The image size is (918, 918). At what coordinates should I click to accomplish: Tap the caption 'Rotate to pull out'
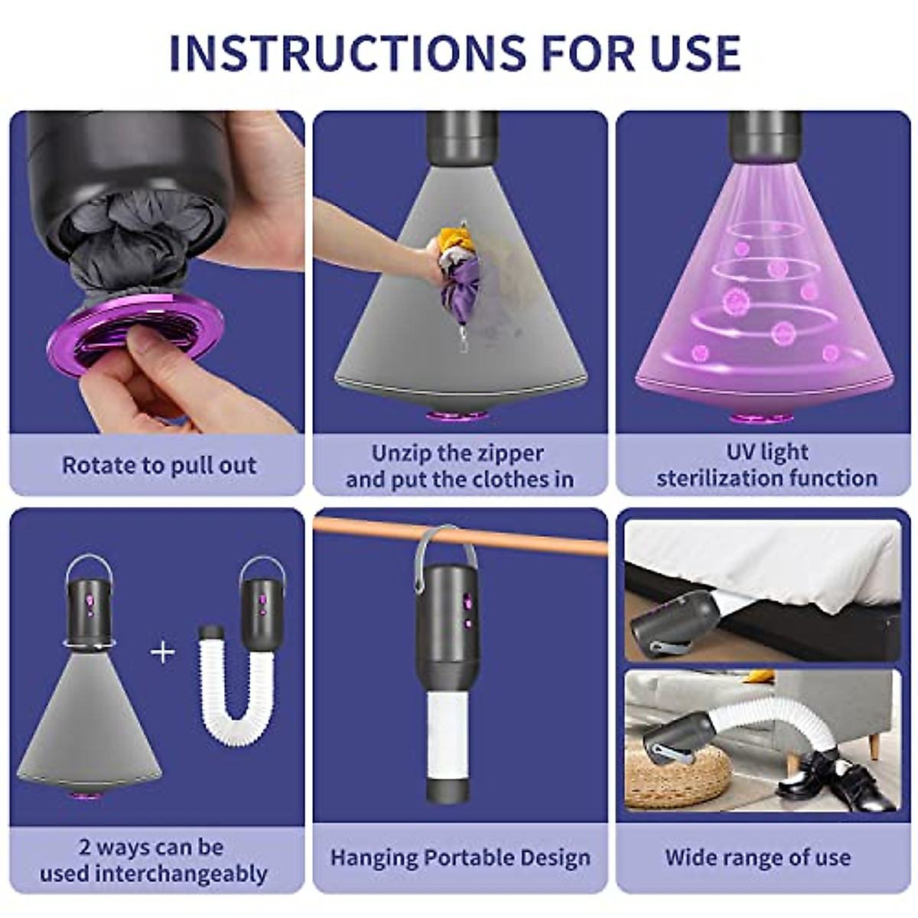click(159, 465)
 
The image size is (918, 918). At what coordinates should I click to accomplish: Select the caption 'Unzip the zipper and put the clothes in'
click(459, 466)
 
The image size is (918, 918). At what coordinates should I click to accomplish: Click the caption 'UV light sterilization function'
click(767, 465)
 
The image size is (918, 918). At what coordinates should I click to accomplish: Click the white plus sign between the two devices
click(163, 652)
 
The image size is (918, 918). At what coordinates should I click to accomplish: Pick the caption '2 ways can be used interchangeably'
click(153, 861)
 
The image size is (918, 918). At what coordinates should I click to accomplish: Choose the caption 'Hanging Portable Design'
click(460, 858)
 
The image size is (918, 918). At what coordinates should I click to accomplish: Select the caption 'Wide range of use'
click(757, 858)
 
